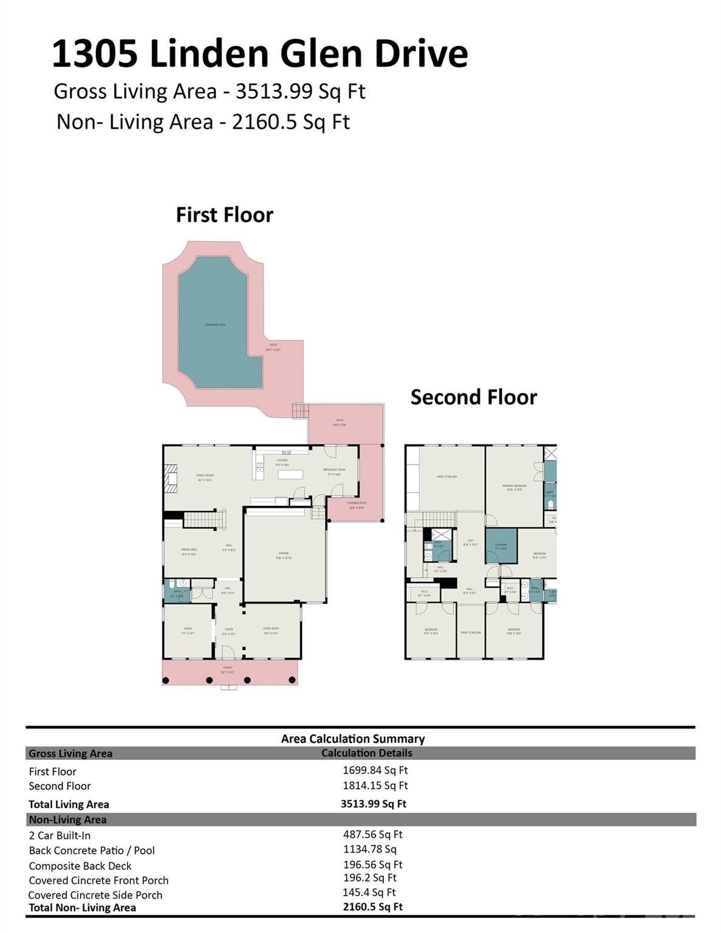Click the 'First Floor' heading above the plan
coord(224,215)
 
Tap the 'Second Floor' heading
coord(473,397)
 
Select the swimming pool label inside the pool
coord(215,325)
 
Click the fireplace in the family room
coord(171,477)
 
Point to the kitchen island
coord(290,474)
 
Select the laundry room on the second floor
coord(501,547)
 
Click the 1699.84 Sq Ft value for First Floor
coord(375,770)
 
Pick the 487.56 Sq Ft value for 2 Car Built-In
coord(372,835)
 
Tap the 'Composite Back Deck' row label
coord(80,866)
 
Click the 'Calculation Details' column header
coord(366,753)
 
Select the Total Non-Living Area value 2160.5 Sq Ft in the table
coord(372,907)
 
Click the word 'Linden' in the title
coord(203,53)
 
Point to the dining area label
coord(189,552)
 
